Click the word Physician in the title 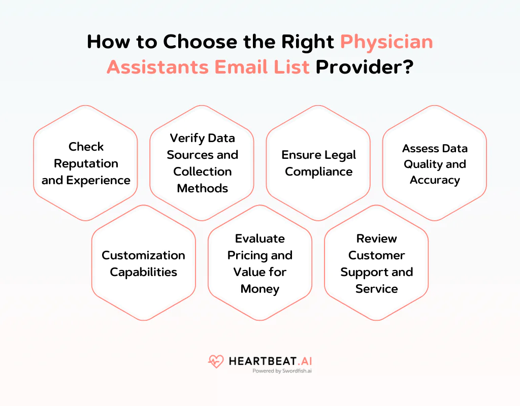click(x=386, y=42)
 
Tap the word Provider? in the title click(x=364, y=66)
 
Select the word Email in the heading click(x=244, y=66)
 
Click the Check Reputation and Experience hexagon click(x=86, y=163)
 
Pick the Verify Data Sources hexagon click(x=202, y=163)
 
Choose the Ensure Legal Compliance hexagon click(x=318, y=163)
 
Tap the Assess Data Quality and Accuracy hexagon click(x=434, y=163)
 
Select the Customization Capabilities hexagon click(x=144, y=263)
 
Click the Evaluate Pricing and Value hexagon click(x=260, y=263)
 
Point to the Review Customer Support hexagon click(x=376, y=263)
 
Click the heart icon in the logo click(x=216, y=361)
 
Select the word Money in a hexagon click(x=260, y=289)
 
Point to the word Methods click(x=202, y=188)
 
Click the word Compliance click(x=318, y=172)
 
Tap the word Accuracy click(x=435, y=180)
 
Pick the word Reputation click(x=86, y=163)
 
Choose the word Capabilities click(x=144, y=272)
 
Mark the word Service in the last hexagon click(x=376, y=289)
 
